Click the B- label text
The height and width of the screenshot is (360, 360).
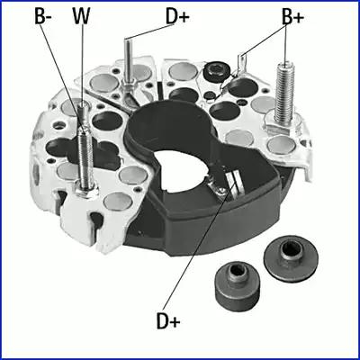44,16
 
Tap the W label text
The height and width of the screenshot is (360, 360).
81,16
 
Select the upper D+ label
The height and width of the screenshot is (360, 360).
177,16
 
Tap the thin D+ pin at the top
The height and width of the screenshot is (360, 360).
128,61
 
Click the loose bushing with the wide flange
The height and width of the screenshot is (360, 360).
290,257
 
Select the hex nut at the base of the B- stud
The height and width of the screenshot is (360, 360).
86,190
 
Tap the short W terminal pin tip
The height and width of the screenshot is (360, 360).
83,105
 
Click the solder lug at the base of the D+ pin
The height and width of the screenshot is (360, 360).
129,90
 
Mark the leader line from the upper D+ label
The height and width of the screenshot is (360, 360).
149,32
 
